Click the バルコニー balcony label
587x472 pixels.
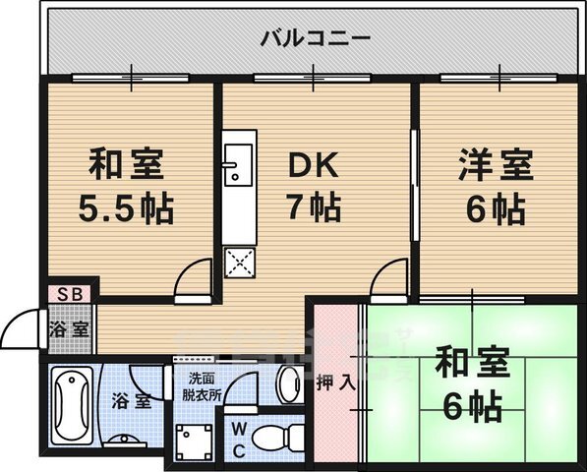pyautogui.click(x=315, y=39)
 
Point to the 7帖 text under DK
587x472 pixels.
pyautogui.click(x=315, y=207)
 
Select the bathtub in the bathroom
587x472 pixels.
pyautogui.click(x=72, y=403)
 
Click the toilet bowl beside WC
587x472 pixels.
pyautogui.click(x=270, y=436)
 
